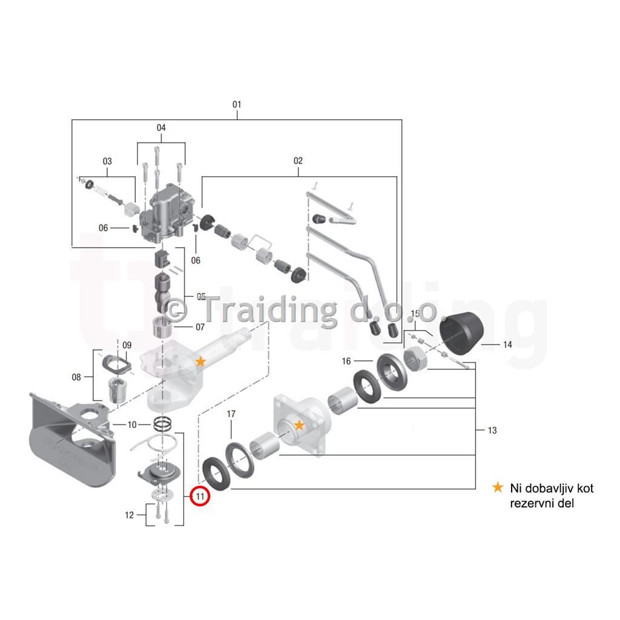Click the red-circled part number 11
(200, 496)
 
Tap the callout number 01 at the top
(237, 104)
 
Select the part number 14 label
(507, 345)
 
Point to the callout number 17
(231, 414)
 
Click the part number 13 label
(492, 430)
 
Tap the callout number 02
(298, 160)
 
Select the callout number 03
(107, 161)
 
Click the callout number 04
(161, 128)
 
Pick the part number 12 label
(130, 515)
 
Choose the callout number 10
(131, 424)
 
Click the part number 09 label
(127, 345)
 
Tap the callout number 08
(76, 377)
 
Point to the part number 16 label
(346, 361)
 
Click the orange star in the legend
(498, 487)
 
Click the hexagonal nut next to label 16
(415, 358)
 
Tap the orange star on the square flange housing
(299, 426)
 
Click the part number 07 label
(200, 328)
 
